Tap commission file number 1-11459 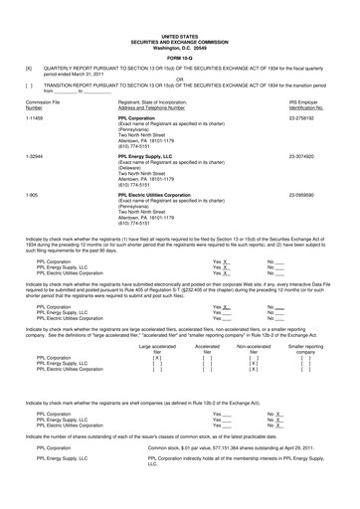click(32, 116)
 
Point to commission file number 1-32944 click(32, 156)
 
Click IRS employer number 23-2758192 click(315, 116)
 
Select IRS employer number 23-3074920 click(315, 156)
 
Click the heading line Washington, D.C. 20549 click(180, 21)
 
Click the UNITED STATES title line click(180, 7)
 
